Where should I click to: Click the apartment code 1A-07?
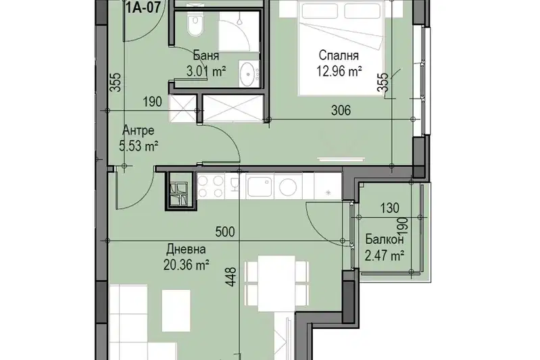click(143, 7)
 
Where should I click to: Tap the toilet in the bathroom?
click(195, 24)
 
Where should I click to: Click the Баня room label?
click(205, 55)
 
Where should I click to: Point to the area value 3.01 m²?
click(206, 72)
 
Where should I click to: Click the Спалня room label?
click(339, 55)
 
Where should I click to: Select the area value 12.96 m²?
click(339, 72)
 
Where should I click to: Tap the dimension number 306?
click(341, 110)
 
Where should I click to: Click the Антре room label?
click(139, 130)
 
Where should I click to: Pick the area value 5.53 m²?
click(139, 147)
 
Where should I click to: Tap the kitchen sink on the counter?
click(260, 186)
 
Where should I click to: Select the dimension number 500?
click(225, 232)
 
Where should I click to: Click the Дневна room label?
click(187, 249)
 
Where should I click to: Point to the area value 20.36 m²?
click(187, 265)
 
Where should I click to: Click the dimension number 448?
click(232, 277)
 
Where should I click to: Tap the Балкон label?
click(385, 239)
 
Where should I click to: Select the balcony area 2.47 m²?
click(385, 256)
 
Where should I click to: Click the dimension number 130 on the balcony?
click(390, 208)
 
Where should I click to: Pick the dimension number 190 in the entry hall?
click(153, 102)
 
